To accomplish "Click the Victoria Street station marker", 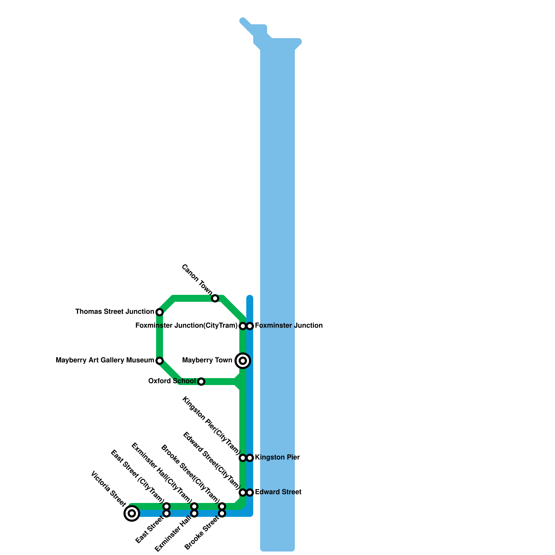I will [132, 513].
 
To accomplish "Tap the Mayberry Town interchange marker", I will [243, 361].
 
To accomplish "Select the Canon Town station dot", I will [215, 298].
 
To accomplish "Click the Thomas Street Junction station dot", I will [160, 312].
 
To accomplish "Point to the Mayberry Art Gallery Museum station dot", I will [160, 361].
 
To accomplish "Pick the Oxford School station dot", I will [201, 382].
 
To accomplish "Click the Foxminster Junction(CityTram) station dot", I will [243, 326].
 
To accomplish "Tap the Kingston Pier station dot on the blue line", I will [250, 458].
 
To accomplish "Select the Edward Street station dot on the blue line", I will [250, 493].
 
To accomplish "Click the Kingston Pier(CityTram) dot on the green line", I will [243, 458].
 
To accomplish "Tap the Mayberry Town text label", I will [207, 360].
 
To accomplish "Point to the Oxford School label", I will [172, 381].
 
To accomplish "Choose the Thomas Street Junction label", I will [114, 312].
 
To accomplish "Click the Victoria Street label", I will [108, 488].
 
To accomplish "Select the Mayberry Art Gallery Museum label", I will [105, 360].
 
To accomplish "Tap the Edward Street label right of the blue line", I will [278, 492].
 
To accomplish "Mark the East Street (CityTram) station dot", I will [166, 506].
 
